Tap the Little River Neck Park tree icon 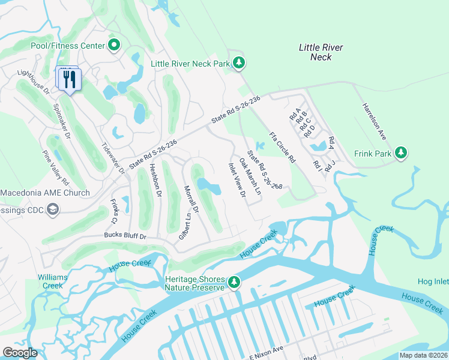(x=239, y=62)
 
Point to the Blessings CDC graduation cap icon (x=53, y=209)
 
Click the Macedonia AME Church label (x=45, y=193)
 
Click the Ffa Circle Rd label (x=282, y=147)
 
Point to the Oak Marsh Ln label (x=250, y=176)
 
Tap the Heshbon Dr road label (x=155, y=181)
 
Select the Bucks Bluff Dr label (x=125, y=236)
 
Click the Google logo (x=20, y=353)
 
